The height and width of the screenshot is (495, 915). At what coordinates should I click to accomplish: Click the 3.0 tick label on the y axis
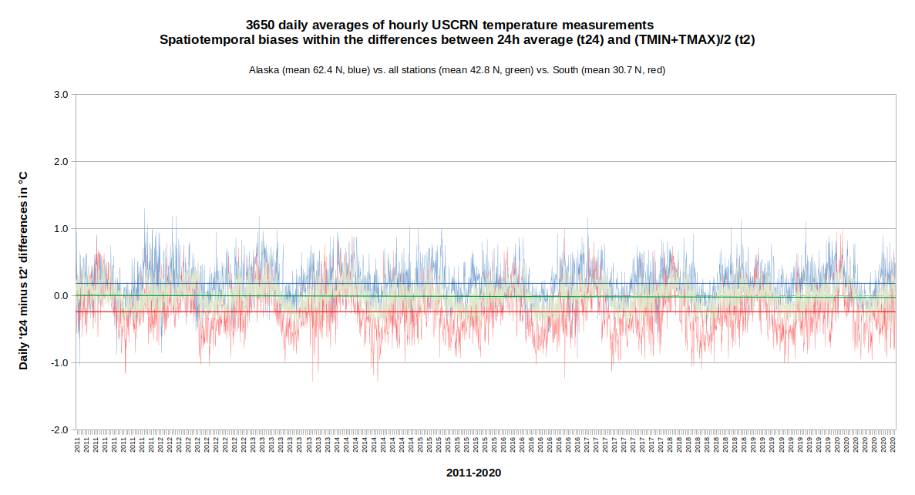tap(61, 95)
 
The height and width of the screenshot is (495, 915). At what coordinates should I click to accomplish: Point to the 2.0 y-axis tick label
tap(61, 162)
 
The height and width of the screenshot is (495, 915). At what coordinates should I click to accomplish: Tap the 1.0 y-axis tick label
tap(61, 229)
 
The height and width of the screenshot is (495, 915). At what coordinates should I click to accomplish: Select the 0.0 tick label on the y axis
tap(61, 296)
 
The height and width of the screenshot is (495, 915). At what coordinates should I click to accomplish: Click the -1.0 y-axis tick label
tap(59, 363)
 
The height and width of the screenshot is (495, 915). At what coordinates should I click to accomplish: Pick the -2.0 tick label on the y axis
tap(59, 430)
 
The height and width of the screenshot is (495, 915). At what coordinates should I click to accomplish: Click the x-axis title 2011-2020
tap(473, 473)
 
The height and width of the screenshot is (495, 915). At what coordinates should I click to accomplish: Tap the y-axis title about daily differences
tap(24, 271)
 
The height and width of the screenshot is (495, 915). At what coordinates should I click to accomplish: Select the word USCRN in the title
tap(454, 25)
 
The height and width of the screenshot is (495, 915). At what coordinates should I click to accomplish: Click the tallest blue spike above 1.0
tap(144, 210)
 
